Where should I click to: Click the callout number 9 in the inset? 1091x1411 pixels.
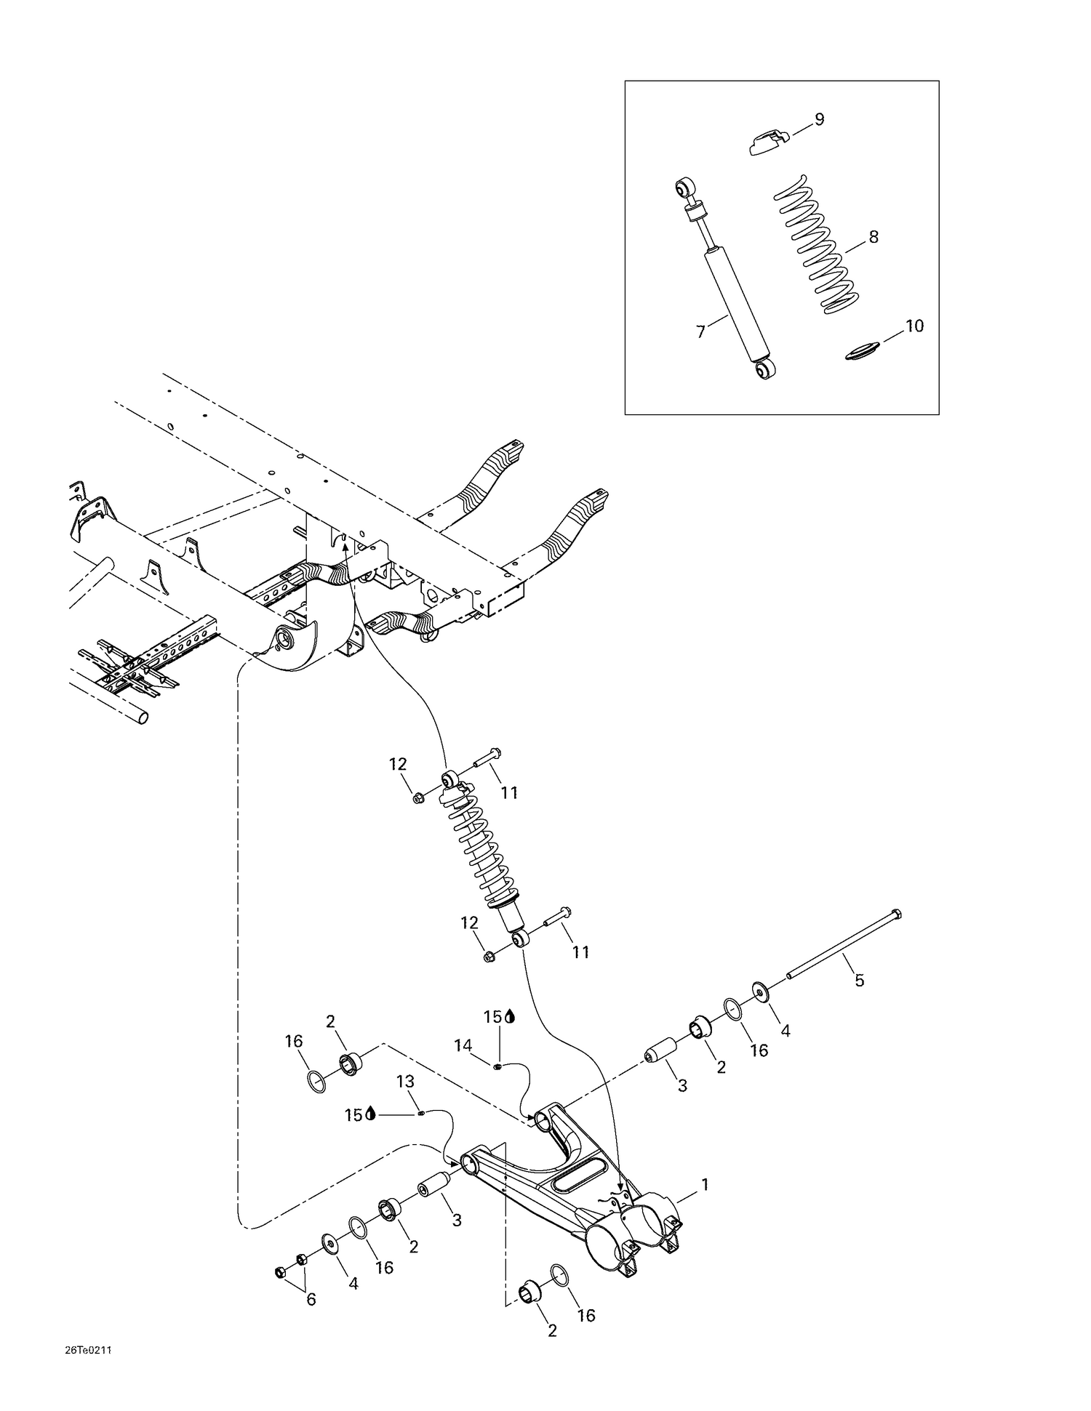pyautogui.click(x=819, y=119)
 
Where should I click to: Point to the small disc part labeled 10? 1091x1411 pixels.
pyautogui.click(x=863, y=351)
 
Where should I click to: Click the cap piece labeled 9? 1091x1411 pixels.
pyautogui.click(x=768, y=140)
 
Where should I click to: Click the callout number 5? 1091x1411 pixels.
pyautogui.click(x=859, y=981)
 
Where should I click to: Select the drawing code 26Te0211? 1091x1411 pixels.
pyautogui.click(x=87, y=1350)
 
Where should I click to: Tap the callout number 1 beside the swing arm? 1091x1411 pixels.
pyautogui.click(x=704, y=1185)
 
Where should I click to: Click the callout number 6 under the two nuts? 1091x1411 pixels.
pyautogui.click(x=311, y=1299)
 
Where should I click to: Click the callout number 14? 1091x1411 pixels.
pyautogui.click(x=463, y=1045)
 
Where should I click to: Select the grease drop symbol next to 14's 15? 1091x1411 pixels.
pyautogui.click(x=509, y=1017)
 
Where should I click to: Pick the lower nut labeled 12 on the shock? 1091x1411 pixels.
pyautogui.click(x=489, y=956)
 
